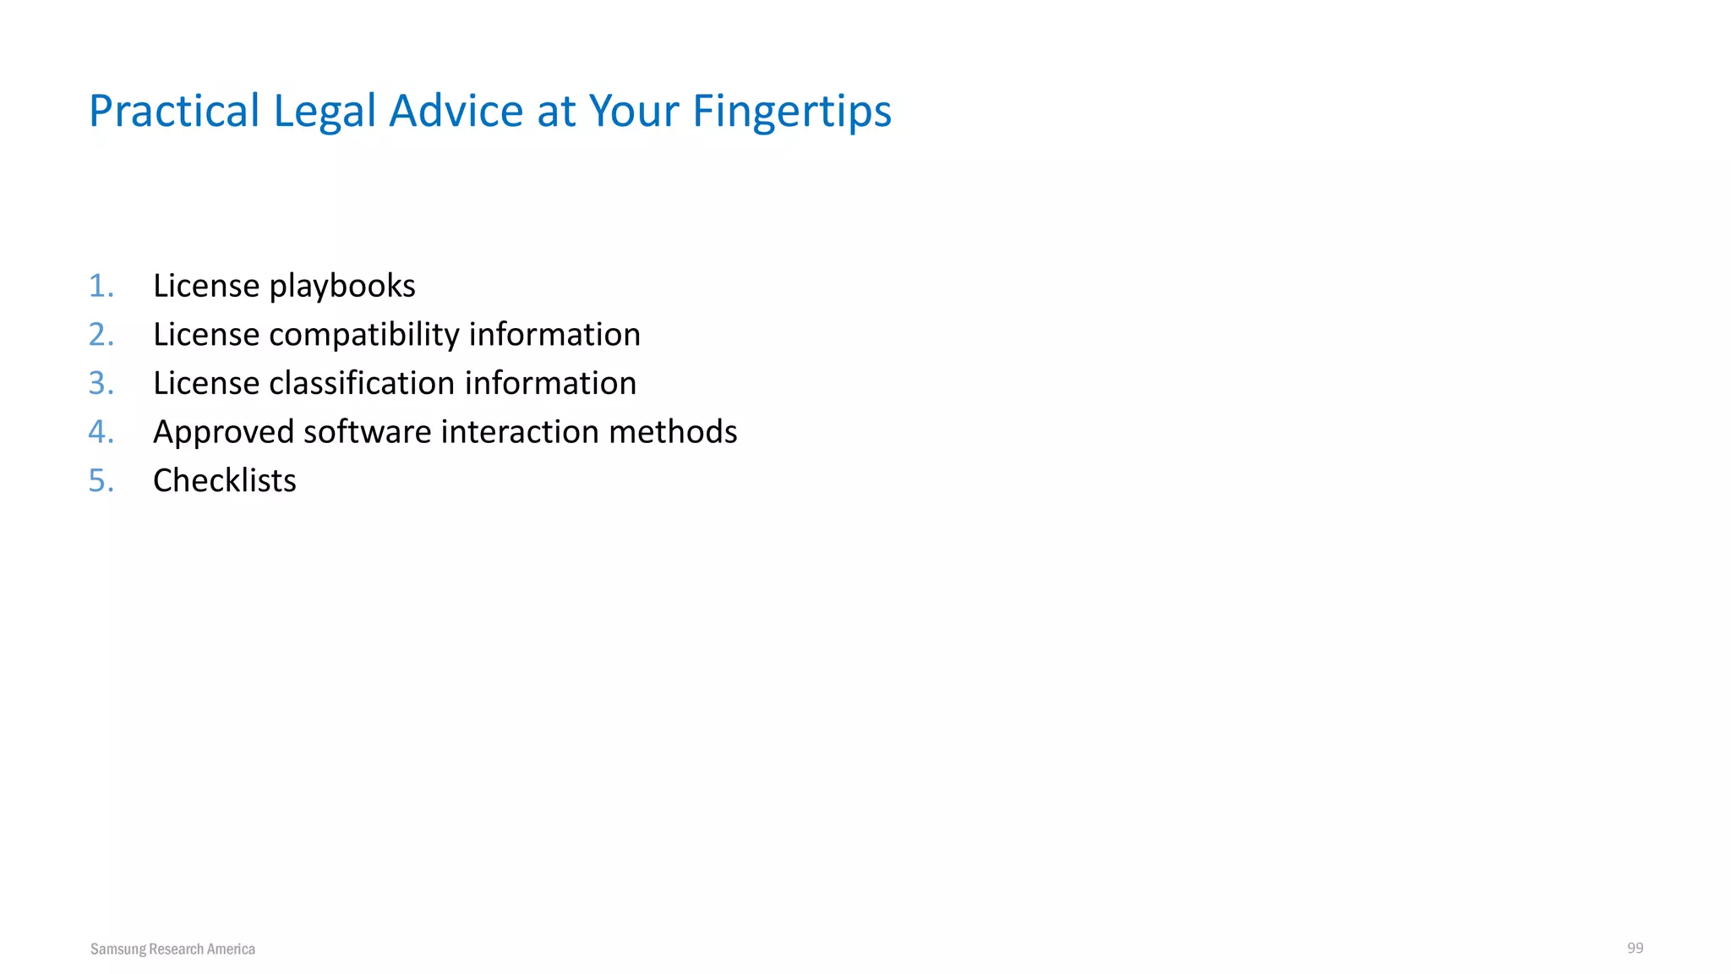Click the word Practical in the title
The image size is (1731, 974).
174,111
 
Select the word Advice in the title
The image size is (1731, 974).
456,111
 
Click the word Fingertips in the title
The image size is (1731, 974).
791,112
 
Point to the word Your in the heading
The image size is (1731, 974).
634,111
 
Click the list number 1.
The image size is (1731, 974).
101,286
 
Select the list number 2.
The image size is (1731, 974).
101,335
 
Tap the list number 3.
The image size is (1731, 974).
101,383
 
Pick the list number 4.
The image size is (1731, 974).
101,432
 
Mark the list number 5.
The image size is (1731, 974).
101,481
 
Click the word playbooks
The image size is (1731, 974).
342,287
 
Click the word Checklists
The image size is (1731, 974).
224,480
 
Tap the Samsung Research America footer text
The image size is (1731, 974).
172,949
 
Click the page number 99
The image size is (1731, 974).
1635,948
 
